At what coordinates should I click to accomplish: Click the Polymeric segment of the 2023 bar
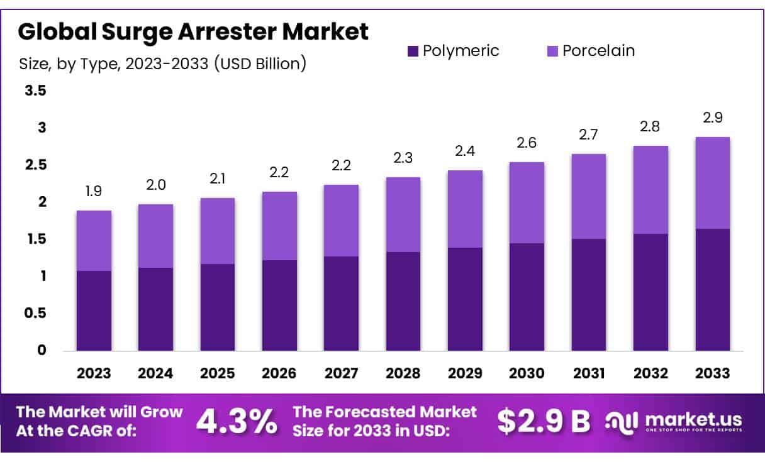(x=94, y=311)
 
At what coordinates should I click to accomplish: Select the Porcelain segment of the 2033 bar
(x=713, y=183)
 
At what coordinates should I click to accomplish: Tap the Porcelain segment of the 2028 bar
(x=403, y=214)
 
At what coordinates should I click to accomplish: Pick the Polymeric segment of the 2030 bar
(x=527, y=297)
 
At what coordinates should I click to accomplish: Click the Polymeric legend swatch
(x=413, y=51)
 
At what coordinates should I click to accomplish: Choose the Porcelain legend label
(x=598, y=51)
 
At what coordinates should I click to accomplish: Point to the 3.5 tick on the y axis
(x=35, y=91)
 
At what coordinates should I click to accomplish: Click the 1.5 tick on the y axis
(x=35, y=239)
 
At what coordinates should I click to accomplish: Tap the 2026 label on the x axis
(x=279, y=373)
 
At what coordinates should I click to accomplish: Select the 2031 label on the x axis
(x=589, y=373)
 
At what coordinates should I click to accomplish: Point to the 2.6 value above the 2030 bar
(x=527, y=143)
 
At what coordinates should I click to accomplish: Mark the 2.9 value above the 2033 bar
(x=713, y=118)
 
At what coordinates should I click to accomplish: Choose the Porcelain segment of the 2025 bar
(x=218, y=231)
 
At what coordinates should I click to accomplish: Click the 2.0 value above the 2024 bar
(x=155, y=185)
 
